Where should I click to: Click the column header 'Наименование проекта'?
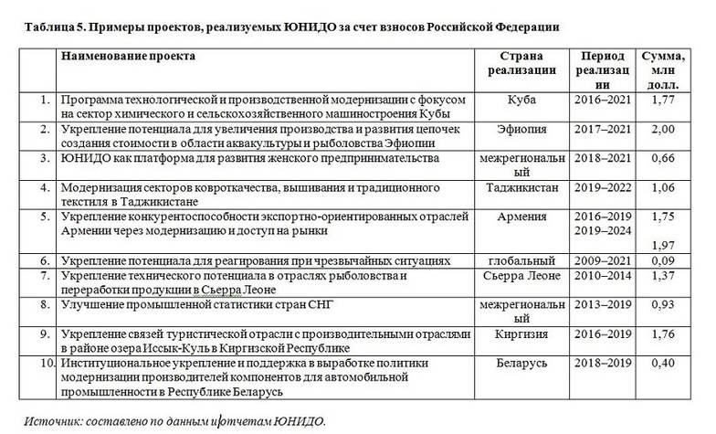point(127,57)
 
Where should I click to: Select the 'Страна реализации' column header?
point(521,64)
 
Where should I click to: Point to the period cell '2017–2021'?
point(605,130)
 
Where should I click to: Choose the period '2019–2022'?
point(605,188)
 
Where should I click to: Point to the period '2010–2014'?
point(605,276)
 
